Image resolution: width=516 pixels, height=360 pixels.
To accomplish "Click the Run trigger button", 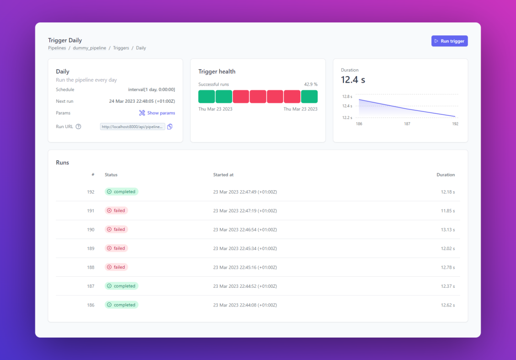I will [449, 41].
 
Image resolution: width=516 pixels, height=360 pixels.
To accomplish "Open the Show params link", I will [157, 113].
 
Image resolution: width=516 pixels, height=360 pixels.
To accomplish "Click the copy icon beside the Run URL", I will [170, 127].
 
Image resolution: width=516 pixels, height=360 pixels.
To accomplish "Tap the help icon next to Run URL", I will [78, 127].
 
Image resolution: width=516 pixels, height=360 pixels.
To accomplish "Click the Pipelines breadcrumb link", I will [57, 48].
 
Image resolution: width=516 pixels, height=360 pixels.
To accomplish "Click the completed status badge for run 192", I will [121, 192].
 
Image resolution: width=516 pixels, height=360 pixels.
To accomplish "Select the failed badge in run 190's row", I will [116, 229].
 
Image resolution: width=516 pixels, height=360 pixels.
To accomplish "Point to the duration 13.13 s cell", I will [448, 229].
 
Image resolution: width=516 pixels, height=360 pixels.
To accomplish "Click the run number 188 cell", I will [90, 267].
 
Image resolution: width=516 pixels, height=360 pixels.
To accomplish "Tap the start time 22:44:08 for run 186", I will [245, 305].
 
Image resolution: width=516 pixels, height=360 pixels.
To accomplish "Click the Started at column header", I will [223, 175].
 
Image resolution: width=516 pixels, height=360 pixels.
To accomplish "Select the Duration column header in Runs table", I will [445, 175].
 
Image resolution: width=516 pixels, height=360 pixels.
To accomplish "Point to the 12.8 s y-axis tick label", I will [347, 97].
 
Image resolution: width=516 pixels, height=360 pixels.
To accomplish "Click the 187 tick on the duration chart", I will [407, 124].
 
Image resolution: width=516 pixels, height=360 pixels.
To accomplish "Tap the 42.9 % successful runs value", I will [311, 85].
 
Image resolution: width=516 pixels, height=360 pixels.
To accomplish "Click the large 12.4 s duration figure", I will [353, 80].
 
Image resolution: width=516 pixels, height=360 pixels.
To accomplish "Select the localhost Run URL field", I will [132, 127].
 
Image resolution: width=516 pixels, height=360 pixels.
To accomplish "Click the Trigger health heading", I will [217, 72].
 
